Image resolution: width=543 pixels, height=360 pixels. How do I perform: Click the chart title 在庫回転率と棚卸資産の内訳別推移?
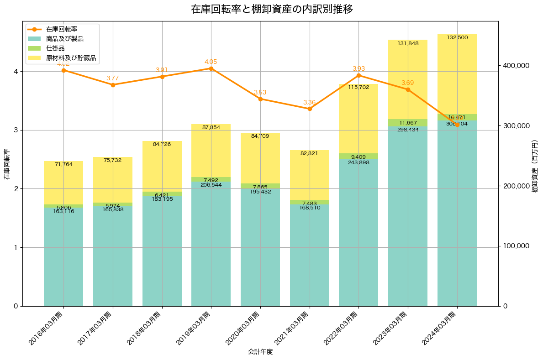272,10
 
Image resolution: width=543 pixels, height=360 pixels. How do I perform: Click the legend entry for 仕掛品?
55,48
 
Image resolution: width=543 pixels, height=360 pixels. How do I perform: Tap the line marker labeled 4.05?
211,68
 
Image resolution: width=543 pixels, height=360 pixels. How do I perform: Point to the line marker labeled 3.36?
310,109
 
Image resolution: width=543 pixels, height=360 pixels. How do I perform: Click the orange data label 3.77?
113,78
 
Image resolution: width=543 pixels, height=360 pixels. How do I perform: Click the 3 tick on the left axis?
16,130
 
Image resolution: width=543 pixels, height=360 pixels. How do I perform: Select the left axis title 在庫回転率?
7,164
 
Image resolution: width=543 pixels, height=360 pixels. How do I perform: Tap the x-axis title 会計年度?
260,352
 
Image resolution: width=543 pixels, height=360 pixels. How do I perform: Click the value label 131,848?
408,44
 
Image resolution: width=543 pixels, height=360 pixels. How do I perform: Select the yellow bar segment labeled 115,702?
358,119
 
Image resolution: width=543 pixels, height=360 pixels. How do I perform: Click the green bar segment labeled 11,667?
408,123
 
